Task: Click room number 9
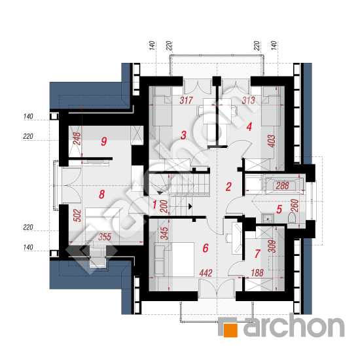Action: [104, 141]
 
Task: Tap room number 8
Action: [101, 194]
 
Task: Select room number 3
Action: [183, 135]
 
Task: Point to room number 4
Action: [249, 127]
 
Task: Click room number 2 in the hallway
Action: [228, 187]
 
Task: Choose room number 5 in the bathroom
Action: [279, 209]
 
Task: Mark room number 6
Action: [206, 248]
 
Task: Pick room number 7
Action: [257, 254]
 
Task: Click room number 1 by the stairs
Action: [154, 205]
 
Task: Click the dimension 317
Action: [186, 101]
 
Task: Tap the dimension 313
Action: [249, 100]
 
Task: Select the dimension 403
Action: [272, 141]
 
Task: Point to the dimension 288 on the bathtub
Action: [282, 186]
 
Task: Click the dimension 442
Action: [206, 273]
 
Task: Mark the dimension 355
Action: [105, 237]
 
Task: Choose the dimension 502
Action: [78, 215]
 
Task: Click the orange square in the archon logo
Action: [230, 331]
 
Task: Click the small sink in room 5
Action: [268, 218]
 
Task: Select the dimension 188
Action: [257, 273]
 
